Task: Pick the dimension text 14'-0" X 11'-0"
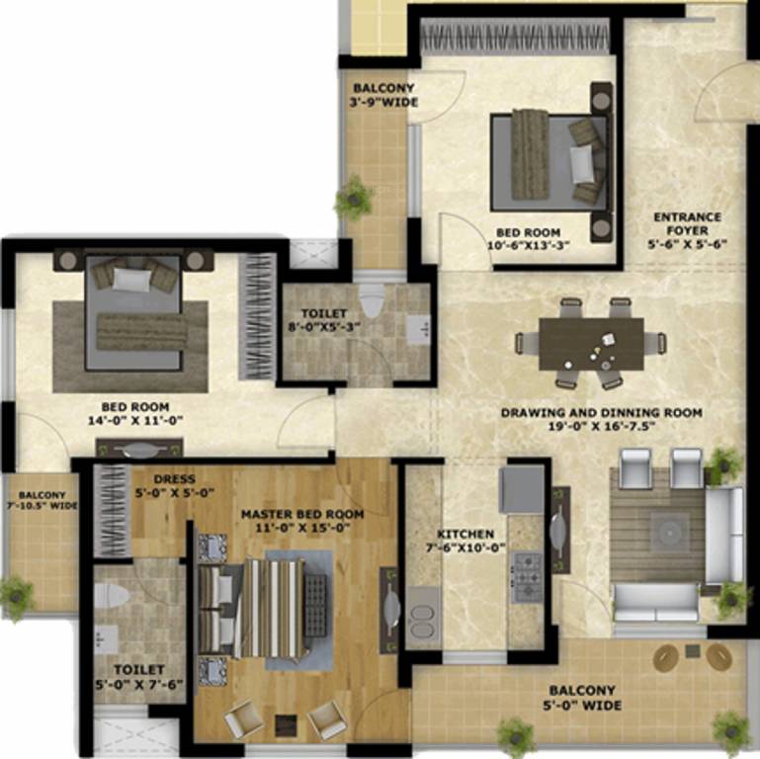click(x=134, y=419)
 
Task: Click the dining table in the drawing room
click(x=591, y=342)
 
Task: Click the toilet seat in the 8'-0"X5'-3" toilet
click(x=372, y=297)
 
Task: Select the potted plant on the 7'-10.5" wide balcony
click(x=17, y=595)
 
